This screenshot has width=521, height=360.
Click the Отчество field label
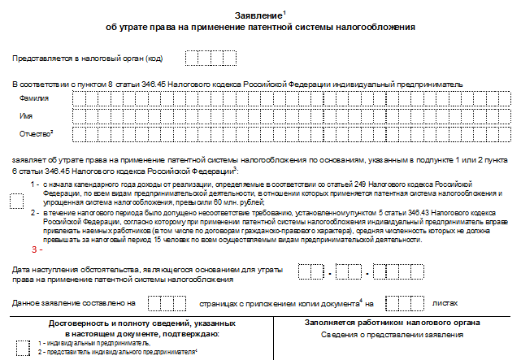(x=36, y=133)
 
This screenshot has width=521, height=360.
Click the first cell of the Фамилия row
(x=78, y=98)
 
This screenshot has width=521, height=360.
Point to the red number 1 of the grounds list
(x=34, y=184)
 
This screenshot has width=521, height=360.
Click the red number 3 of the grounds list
(x=34, y=249)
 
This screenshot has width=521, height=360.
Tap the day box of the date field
(x=310, y=272)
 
